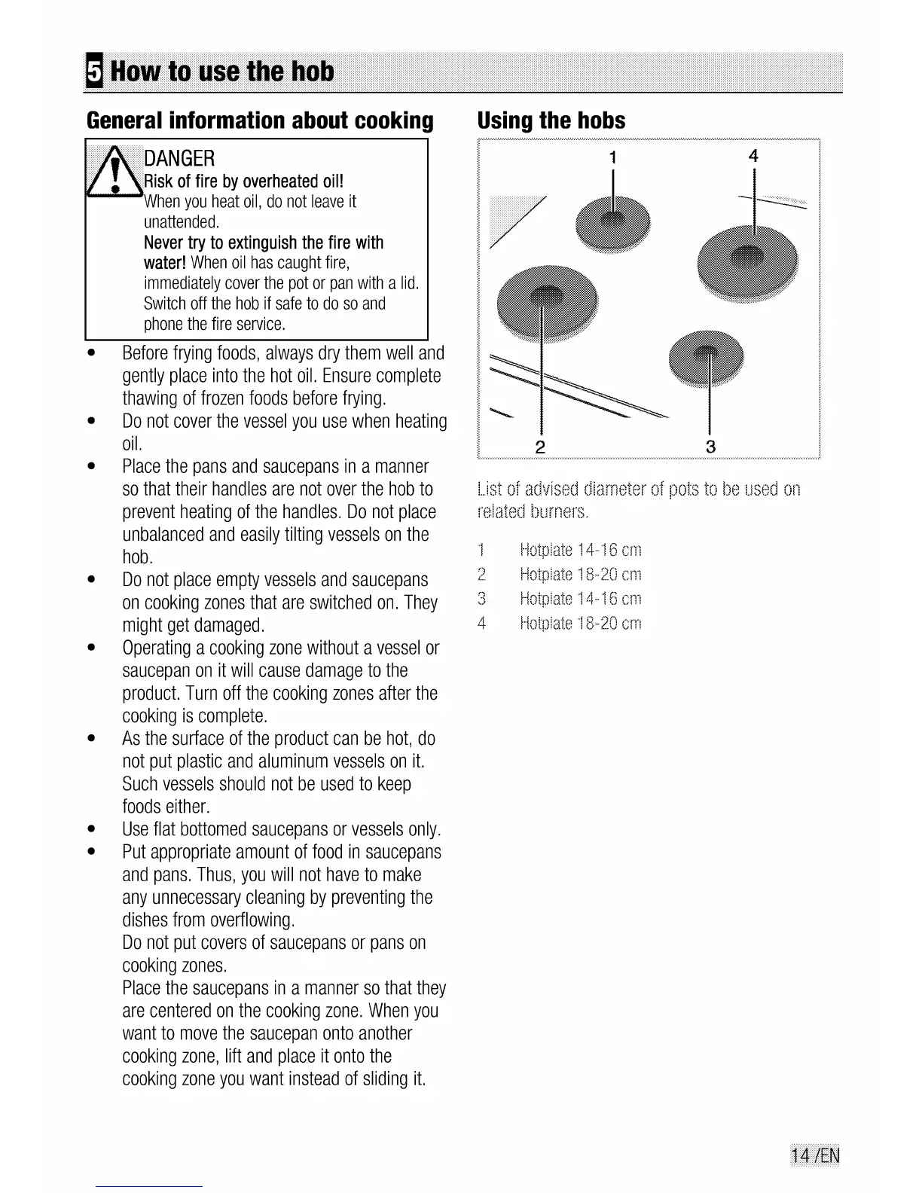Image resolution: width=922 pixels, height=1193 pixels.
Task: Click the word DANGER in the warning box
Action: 179,158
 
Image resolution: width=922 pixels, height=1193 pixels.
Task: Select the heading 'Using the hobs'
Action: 551,121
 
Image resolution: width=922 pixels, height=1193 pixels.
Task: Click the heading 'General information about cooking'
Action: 260,121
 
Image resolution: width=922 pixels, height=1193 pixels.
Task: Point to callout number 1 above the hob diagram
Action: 612,157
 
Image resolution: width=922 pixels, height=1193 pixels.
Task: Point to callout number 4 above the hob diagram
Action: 753,156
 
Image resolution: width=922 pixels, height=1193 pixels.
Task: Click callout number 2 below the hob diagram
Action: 539,446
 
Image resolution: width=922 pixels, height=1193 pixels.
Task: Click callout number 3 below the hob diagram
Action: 710,446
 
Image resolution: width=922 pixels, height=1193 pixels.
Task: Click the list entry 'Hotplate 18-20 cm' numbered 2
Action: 580,575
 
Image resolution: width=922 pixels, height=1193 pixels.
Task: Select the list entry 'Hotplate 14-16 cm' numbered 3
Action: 580,599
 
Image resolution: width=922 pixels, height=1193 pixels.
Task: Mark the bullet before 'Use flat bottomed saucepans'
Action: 90,830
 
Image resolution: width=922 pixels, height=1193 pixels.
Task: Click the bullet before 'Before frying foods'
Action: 90,353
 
